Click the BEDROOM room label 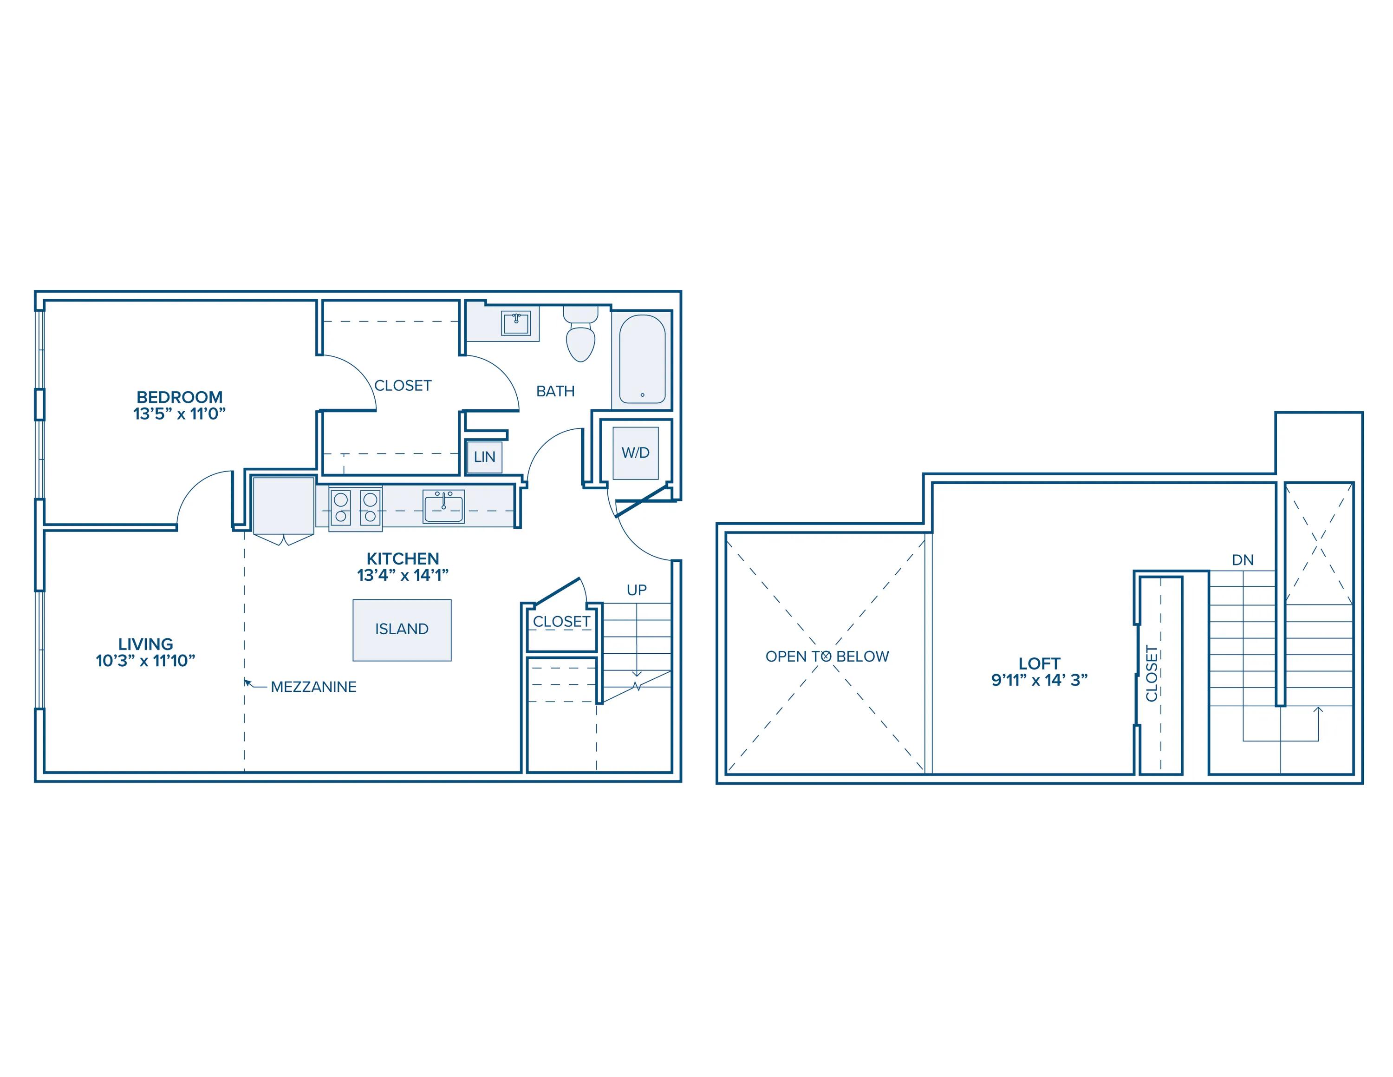coord(179,397)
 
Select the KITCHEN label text coord(403,558)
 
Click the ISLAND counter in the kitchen coord(402,630)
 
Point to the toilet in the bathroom coord(580,333)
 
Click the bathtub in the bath coord(642,360)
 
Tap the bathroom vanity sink coord(515,323)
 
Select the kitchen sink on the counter coord(443,506)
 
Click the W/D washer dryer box coord(635,453)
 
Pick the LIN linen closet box coord(484,457)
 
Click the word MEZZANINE coord(314,687)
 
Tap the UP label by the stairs coord(637,590)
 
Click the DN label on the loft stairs coord(1243,560)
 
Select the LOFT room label coord(1039,663)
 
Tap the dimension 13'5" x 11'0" coord(179,414)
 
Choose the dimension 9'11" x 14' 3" coord(1039,680)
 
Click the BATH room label coord(555,391)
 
